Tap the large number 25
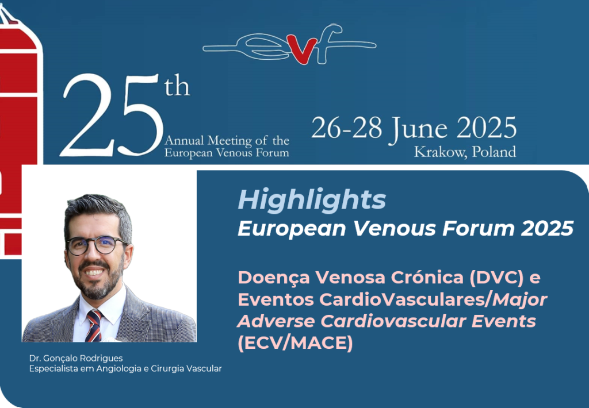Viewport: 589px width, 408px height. point(112,115)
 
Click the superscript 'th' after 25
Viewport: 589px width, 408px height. point(177,86)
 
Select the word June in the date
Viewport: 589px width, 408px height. point(418,129)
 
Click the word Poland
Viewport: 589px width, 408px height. point(494,151)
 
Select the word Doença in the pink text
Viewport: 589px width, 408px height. point(274,278)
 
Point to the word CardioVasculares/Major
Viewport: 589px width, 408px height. point(433,300)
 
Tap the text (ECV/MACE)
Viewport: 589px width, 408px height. point(295,343)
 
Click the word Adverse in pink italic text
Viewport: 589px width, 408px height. point(277,321)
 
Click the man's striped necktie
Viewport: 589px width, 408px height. point(93,325)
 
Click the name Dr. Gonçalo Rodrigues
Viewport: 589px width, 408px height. point(76,358)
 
